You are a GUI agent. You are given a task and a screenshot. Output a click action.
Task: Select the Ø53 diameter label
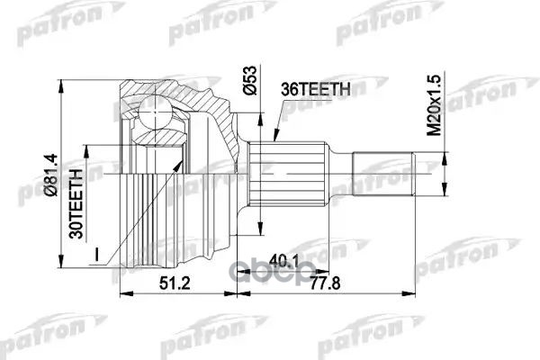(x=250, y=80)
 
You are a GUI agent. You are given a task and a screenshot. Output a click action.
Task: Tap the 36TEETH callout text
(x=316, y=89)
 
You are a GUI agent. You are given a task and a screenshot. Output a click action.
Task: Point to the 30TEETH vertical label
(x=76, y=204)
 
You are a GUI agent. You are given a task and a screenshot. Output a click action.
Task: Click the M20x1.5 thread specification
(x=434, y=105)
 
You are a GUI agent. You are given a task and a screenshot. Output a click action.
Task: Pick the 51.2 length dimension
(x=175, y=283)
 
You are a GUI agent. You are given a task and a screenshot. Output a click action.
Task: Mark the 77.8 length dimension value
(x=325, y=283)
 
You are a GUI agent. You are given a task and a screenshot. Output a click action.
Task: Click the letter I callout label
(x=97, y=256)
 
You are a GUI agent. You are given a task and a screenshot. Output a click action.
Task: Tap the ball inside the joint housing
(x=156, y=113)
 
